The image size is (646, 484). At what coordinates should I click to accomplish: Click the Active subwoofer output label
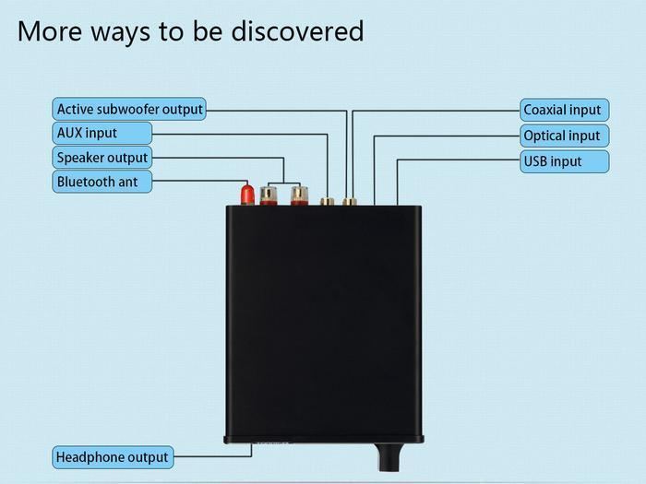coord(129,110)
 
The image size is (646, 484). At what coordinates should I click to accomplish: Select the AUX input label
coord(88,133)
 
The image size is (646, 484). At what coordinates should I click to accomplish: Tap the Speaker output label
coord(102,158)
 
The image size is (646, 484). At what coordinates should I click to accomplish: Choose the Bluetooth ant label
coord(98,182)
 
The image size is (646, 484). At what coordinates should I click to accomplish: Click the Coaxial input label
coord(562,110)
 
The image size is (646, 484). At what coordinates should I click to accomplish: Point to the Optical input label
coord(562,136)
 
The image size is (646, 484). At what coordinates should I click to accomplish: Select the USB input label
coord(553,161)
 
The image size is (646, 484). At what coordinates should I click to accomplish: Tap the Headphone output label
coord(113,457)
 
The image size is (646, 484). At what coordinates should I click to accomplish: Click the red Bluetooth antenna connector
coord(247,195)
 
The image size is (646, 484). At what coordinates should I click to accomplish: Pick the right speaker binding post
coord(297,195)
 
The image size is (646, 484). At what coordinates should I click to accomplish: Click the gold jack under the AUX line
coord(327,200)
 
